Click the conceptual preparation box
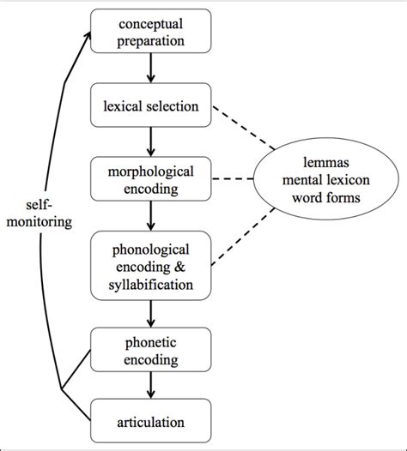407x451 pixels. tap(152, 32)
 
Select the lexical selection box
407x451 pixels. tap(152, 106)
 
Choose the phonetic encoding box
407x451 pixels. tap(152, 352)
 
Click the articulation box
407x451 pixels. tap(152, 422)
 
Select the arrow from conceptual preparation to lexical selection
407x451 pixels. tap(152, 69)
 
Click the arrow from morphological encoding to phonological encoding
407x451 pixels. tap(152, 218)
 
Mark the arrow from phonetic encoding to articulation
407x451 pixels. tap(152, 388)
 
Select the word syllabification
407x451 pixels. tap(152, 284)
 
